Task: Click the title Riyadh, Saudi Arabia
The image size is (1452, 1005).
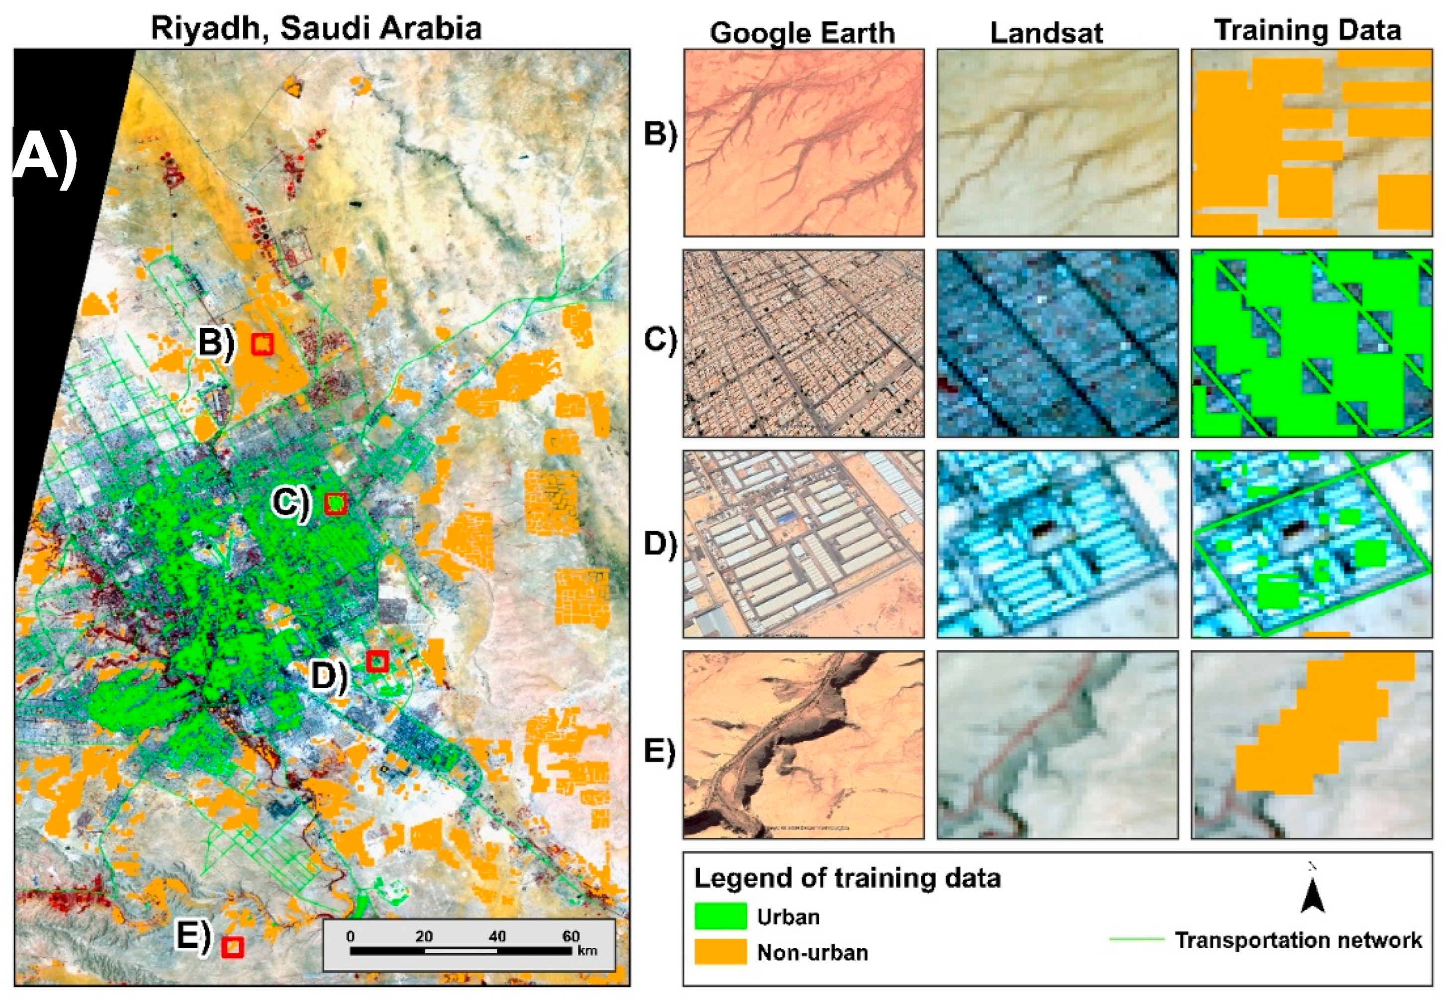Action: pyautogui.click(x=316, y=28)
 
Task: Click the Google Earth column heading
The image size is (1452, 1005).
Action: pyautogui.click(x=802, y=33)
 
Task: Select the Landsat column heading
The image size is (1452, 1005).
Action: pyautogui.click(x=1046, y=33)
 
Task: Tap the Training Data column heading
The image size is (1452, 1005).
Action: pyautogui.click(x=1307, y=30)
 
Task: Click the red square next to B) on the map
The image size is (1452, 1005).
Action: pyautogui.click(x=262, y=344)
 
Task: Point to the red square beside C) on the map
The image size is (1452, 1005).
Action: pyautogui.click(x=336, y=504)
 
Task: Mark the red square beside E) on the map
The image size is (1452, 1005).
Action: pyautogui.click(x=232, y=947)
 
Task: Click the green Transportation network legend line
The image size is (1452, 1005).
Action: pyautogui.click(x=1137, y=939)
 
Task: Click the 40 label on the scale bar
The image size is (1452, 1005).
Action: pyautogui.click(x=497, y=936)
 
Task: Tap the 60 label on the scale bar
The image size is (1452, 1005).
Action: pyautogui.click(x=571, y=936)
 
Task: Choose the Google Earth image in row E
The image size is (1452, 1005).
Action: pyautogui.click(x=803, y=744)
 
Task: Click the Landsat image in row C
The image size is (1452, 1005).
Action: pyautogui.click(x=1057, y=343)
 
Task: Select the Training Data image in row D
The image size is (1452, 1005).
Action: pyautogui.click(x=1312, y=544)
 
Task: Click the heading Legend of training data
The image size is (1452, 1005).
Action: pyautogui.click(x=847, y=878)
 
